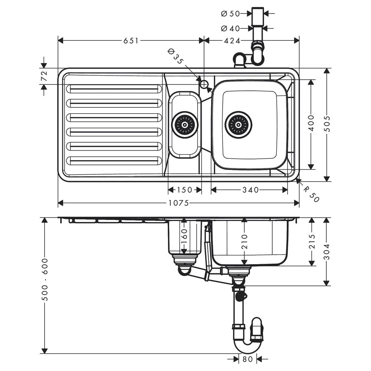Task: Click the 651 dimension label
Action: click(x=131, y=40)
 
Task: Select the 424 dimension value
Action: click(x=232, y=40)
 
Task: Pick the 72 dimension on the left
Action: click(x=44, y=76)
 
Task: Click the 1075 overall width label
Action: click(x=179, y=203)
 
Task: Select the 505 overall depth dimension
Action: click(x=326, y=124)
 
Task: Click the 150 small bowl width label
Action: click(x=184, y=190)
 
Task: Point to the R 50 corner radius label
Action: click(x=311, y=194)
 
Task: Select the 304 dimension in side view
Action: click(x=326, y=252)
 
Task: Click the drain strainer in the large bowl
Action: click(x=239, y=125)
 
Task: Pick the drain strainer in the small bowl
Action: click(x=184, y=125)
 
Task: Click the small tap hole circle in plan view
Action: click(x=204, y=84)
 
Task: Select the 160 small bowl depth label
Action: click(x=184, y=236)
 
